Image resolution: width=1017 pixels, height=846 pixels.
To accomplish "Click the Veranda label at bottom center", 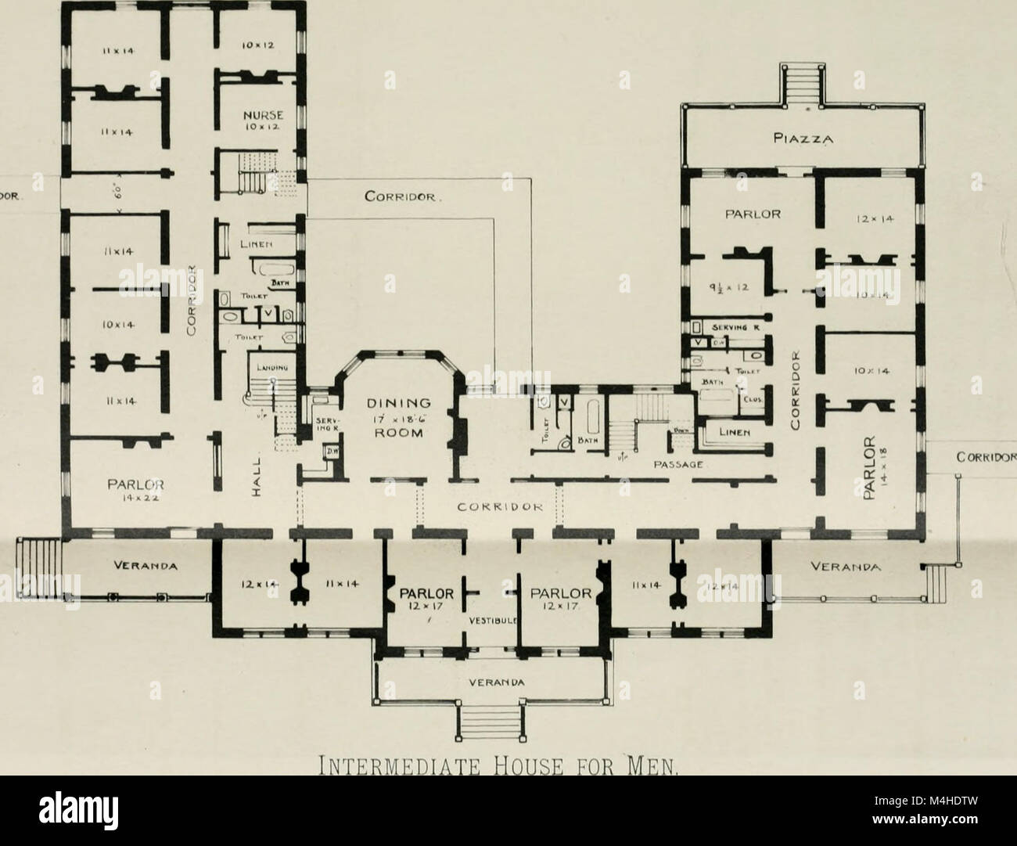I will (489, 680).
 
